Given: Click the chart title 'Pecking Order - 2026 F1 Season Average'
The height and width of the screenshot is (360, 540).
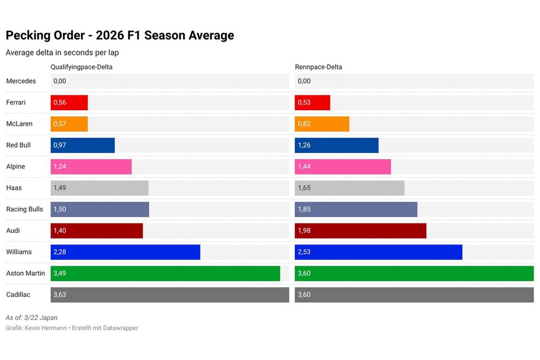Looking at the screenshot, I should (x=120, y=36).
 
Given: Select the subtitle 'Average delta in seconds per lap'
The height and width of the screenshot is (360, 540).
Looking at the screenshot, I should (x=62, y=53).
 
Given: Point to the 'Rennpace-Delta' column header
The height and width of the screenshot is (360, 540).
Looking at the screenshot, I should (x=318, y=67).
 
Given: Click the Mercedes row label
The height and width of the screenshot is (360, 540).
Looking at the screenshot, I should (x=21, y=81).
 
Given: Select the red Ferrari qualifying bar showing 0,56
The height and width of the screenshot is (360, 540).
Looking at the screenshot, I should (x=69, y=103).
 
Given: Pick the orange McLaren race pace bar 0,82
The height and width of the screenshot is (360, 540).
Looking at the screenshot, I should (x=322, y=124).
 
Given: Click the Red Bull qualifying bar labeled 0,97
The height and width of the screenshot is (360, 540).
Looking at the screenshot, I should (x=83, y=145).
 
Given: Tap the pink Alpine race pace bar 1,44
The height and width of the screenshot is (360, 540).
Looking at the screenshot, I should (x=343, y=167).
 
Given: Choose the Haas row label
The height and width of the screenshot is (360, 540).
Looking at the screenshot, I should (x=14, y=188).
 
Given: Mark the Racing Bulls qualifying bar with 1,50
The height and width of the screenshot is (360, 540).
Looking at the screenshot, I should (x=100, y=209).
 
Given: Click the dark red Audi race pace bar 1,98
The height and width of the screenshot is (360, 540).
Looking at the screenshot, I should (x=360, y=230).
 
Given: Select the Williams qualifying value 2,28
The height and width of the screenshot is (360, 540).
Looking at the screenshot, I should (x=60, y=252).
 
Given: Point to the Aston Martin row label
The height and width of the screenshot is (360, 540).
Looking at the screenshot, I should (x=25, y=274).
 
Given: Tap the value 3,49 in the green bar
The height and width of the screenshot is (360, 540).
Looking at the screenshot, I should (x=60, y=274).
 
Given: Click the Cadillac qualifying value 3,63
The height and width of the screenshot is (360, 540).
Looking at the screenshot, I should (x=60, y=295).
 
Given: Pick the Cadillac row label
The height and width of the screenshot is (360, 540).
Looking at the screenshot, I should (x=19, y=295).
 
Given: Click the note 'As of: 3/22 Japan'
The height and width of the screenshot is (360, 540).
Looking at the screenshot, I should (x=31, y=318).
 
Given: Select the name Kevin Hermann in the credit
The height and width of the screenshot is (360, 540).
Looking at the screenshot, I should (x=46, y=328).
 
